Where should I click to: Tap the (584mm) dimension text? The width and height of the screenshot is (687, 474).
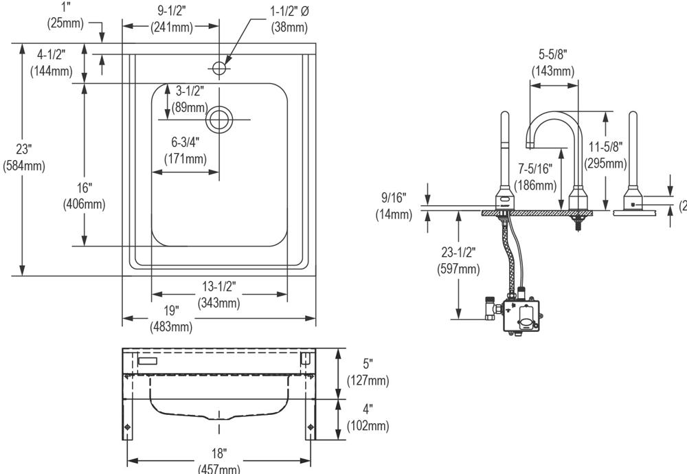(23, 166)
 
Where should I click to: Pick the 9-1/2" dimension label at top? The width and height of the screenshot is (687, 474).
(171, 10)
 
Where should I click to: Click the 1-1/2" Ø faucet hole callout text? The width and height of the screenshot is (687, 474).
(287, 12)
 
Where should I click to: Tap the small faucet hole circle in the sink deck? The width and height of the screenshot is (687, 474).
(219, 68)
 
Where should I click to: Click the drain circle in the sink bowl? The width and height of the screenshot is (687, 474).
(219, 119)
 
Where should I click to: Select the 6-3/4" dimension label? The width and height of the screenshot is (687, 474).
(185, 142)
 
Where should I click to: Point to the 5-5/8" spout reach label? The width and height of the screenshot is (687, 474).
(553, 54)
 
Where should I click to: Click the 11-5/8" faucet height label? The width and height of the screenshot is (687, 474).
(605, 146)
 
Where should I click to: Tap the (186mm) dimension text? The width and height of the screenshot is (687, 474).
(536, 185)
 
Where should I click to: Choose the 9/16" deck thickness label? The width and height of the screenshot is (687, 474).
(394, 198)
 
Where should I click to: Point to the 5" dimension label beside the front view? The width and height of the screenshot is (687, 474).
(370, 363)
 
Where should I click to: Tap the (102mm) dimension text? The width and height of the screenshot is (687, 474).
(370, 426)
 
